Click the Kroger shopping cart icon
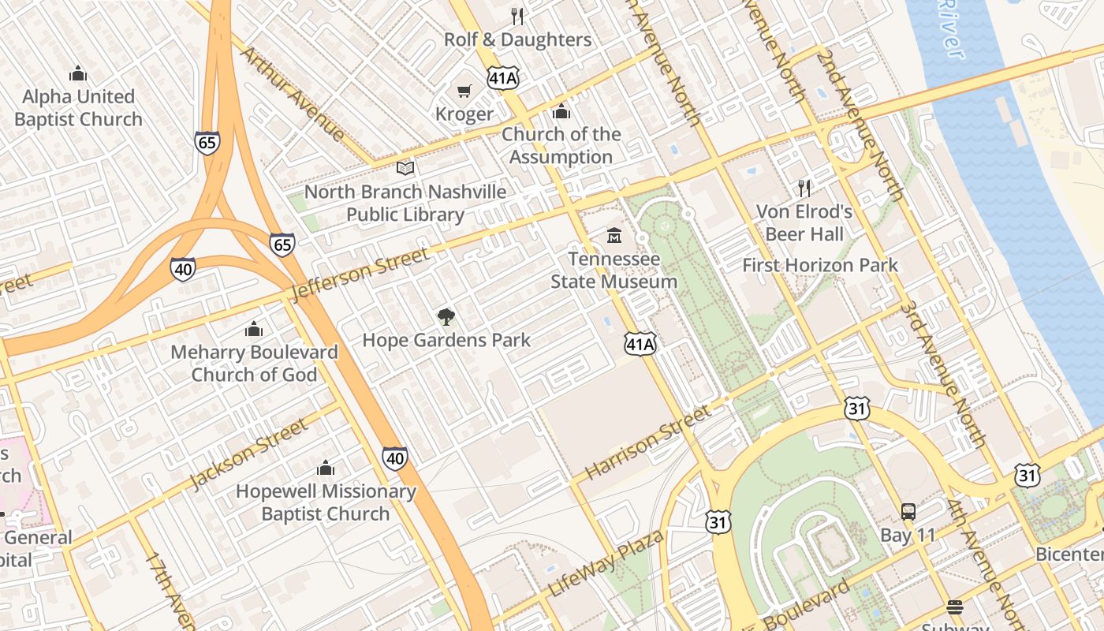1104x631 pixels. (x=464, y=91)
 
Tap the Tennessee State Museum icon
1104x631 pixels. (x=614, y=235)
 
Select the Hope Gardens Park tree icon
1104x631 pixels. (x=446, y=317)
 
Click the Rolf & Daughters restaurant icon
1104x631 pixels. (x=517, y=16)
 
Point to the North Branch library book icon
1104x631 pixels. (x=405, y=168)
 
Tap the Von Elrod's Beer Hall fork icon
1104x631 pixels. (x=804, y=188)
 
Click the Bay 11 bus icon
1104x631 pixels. (x=908, y=511)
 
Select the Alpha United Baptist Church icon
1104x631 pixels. (x=77, y=73)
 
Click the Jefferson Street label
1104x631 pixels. (x=360, y=274)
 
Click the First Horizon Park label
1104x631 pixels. (x=819, y=265)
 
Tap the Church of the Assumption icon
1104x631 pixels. (x=561, y=111)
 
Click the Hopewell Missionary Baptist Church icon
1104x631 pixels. (x=325, y=468)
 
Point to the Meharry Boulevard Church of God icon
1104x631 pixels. (x=254, y=329)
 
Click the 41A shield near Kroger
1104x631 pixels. (x=503, y=78)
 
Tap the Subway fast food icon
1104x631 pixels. (x=955, y=607)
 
